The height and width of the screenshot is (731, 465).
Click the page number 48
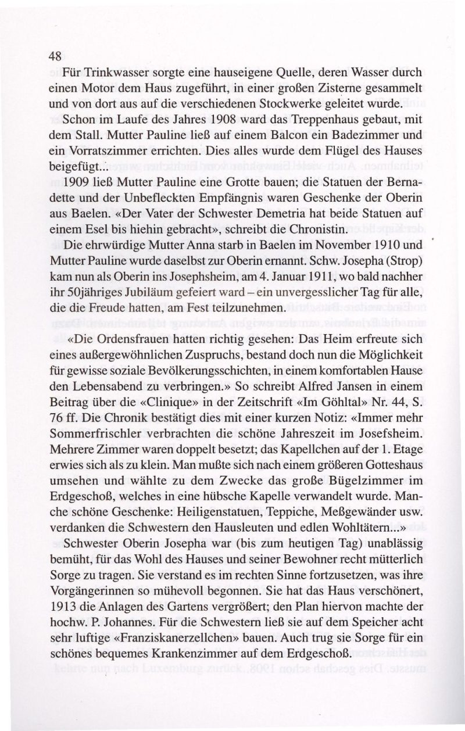pos(55,56)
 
